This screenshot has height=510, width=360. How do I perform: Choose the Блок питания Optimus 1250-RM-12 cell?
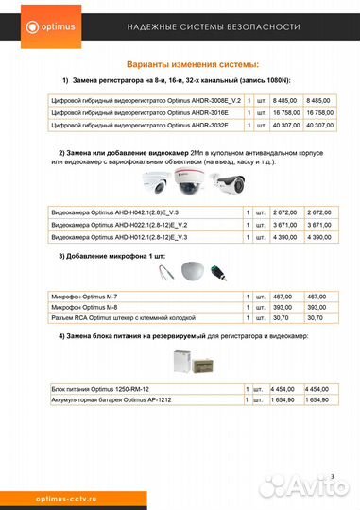[x=103, y=389]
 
